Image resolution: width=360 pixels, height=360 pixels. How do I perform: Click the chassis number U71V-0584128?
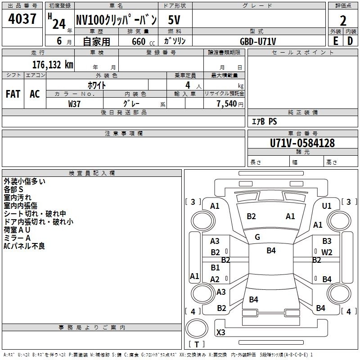[302, 143]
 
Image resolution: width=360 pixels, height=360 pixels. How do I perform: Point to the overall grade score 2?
[343, 21]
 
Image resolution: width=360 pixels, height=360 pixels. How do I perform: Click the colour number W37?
[75, 103]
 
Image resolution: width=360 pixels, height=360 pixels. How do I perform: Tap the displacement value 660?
[138, 41]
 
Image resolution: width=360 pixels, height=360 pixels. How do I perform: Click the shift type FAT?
[13, 94]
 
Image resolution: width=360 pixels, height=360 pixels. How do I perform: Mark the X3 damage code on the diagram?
[221, 333]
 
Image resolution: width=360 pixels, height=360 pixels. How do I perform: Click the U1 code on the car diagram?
[327, 206]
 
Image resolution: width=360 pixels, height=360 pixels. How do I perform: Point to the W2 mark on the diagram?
[327, 252]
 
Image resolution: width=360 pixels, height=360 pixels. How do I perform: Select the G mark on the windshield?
[257, 237]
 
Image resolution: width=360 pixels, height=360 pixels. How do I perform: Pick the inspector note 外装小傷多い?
[24, 181]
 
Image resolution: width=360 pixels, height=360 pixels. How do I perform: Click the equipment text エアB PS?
[264, 121]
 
